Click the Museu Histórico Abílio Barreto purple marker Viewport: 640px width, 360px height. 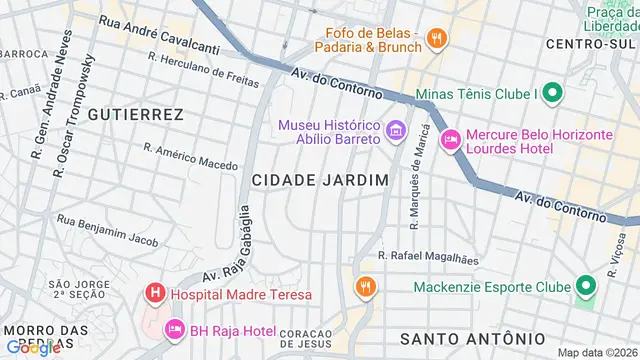(x=395, y=130)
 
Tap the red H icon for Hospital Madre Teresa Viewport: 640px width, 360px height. (x=155, y=294)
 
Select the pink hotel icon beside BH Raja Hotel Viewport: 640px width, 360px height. (x=174, y=328)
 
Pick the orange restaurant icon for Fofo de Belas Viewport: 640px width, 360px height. (x=435, y=39)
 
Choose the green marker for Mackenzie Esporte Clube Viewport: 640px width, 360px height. (x=585, y=287)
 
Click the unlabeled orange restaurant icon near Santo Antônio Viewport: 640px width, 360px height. (x=365, y=288)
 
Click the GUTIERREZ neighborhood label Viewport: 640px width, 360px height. (x=135, y=115)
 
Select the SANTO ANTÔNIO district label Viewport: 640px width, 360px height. (x=473, y=337)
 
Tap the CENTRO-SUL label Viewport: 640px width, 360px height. (x=590, y=44)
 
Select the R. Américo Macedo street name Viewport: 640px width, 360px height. (x=191, y=156)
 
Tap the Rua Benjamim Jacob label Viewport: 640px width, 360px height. (x=108, y=229)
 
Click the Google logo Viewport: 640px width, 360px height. (x=33, y=347)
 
